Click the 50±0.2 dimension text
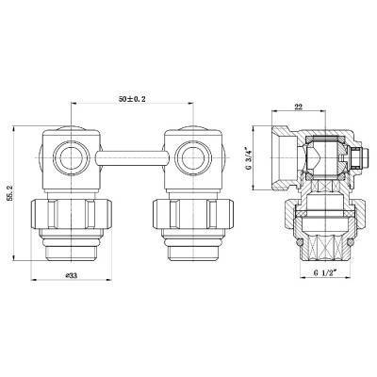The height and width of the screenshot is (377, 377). pos(133,98)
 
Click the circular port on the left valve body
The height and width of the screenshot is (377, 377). pos(68,155)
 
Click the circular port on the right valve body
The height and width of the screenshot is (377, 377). pos(191,155)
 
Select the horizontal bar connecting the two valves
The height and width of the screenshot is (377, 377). pos(129,155)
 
